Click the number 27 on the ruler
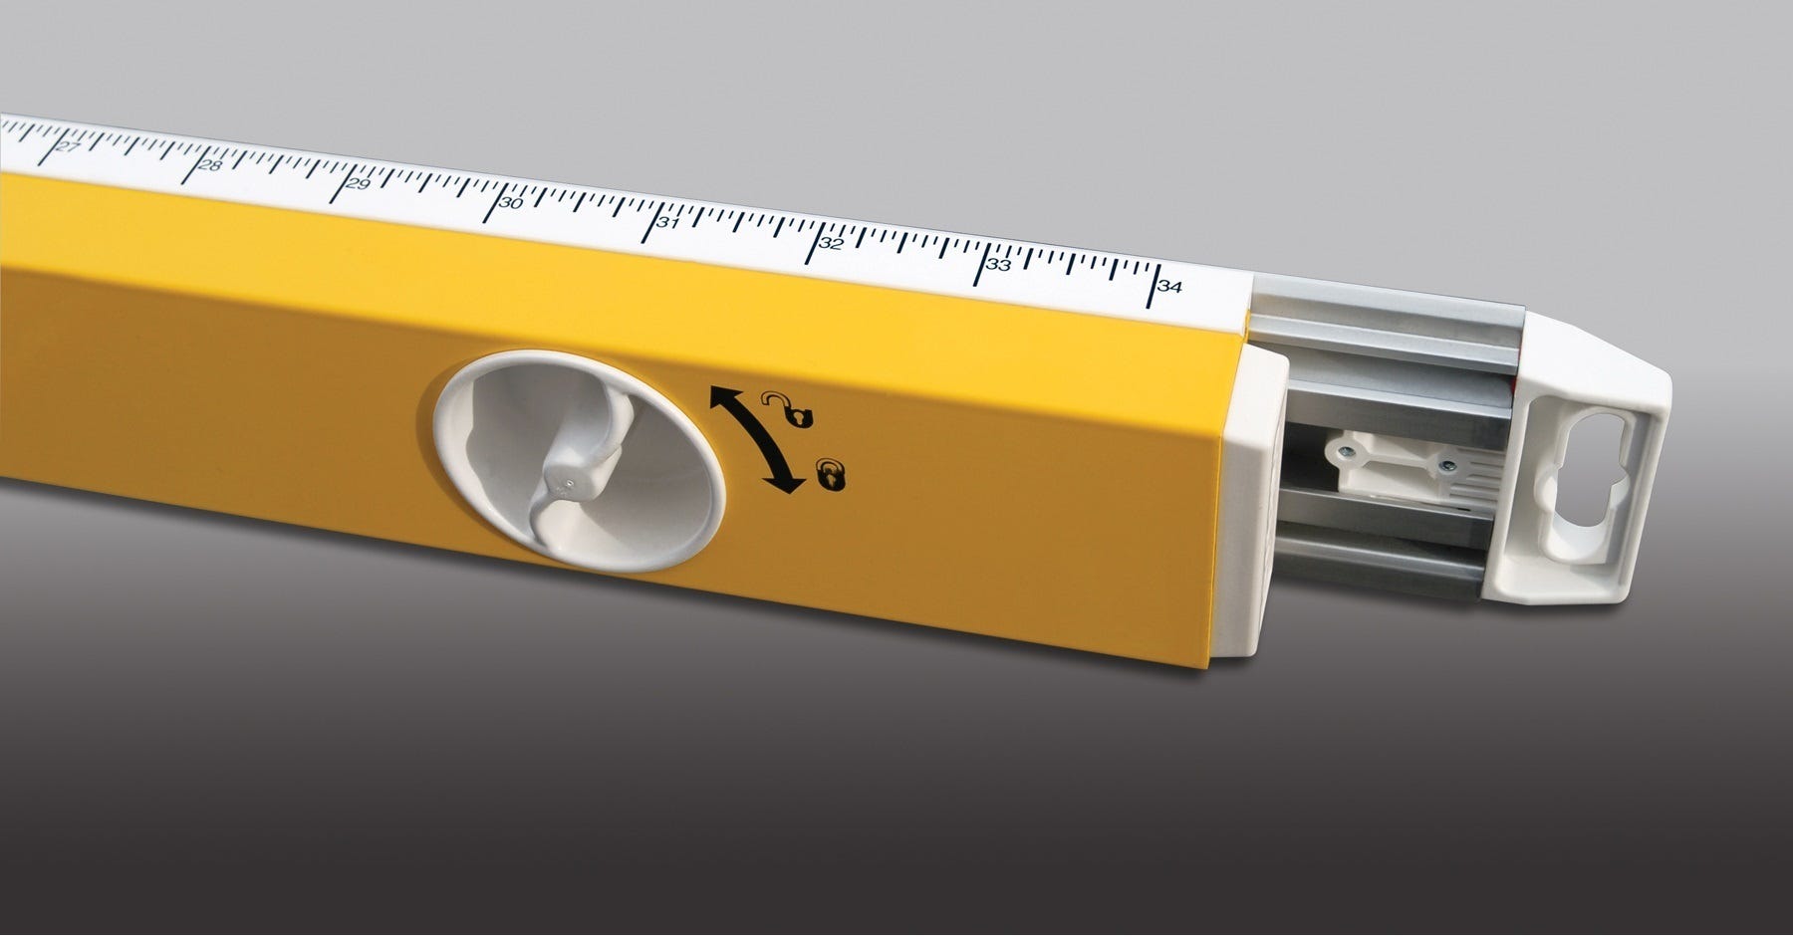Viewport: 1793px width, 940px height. pos(68,148)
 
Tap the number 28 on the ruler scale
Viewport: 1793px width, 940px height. pos(210,165)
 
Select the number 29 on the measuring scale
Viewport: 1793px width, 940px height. pos(358,184)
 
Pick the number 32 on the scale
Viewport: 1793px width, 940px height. pos(831,243)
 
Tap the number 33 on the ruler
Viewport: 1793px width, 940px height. pos(998,265)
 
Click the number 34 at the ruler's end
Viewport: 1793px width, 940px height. pos(1170,287)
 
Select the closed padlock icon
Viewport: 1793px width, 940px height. pos(832,475)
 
